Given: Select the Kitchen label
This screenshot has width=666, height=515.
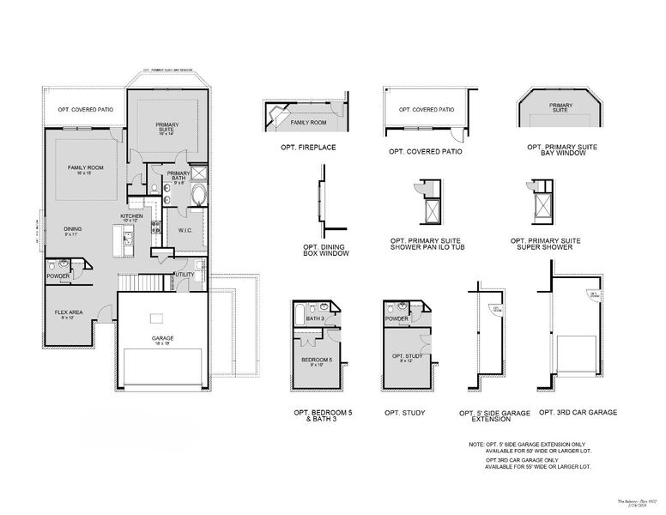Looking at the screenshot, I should point(130,217).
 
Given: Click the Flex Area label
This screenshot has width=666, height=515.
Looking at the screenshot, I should point(69,314).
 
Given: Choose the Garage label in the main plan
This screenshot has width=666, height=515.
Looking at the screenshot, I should point(162,339).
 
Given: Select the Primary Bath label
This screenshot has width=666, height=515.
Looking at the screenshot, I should point(179,176).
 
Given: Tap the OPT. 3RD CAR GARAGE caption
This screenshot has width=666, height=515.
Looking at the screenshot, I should point(578,413).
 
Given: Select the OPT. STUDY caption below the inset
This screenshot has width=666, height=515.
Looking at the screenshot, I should point(404,414).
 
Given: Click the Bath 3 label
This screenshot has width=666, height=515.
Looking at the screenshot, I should point(316,318).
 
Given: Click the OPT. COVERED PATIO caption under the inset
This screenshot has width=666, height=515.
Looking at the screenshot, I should point(425,152).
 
